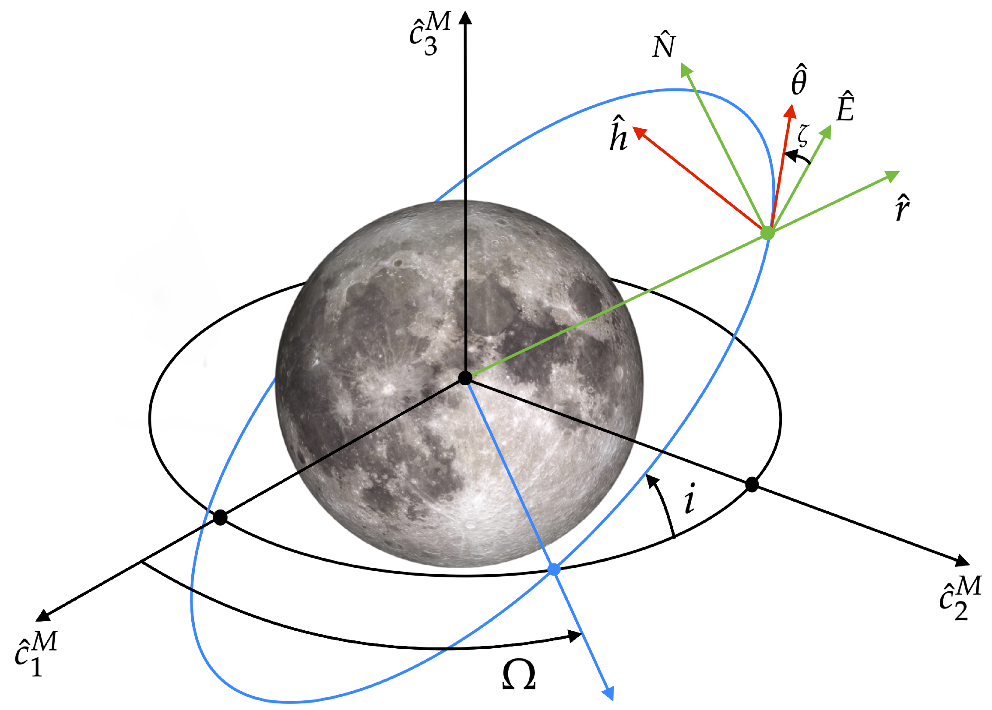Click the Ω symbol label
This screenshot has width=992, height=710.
click(x=519, y=675)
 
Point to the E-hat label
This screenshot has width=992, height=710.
click(x=845, y=107)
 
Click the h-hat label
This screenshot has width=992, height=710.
click(x=619, y=134)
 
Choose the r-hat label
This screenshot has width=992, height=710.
click(x=902, y=207)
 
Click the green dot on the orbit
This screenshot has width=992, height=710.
click(x=767, y=233)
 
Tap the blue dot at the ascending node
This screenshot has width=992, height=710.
click(x=554, y=569)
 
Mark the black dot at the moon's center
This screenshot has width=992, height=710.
click(x=465, y=378)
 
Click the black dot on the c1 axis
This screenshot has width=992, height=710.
click(x=220, y=518)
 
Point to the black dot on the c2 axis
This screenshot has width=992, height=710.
click(x=752, y=485)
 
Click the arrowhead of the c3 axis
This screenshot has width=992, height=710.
click(x=465, y=18)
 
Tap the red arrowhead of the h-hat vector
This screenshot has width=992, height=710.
click(x=640, y=132)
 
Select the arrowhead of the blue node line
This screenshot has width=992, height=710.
click(x=609, y=693)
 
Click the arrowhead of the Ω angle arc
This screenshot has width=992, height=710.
click(x=575, y=636)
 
